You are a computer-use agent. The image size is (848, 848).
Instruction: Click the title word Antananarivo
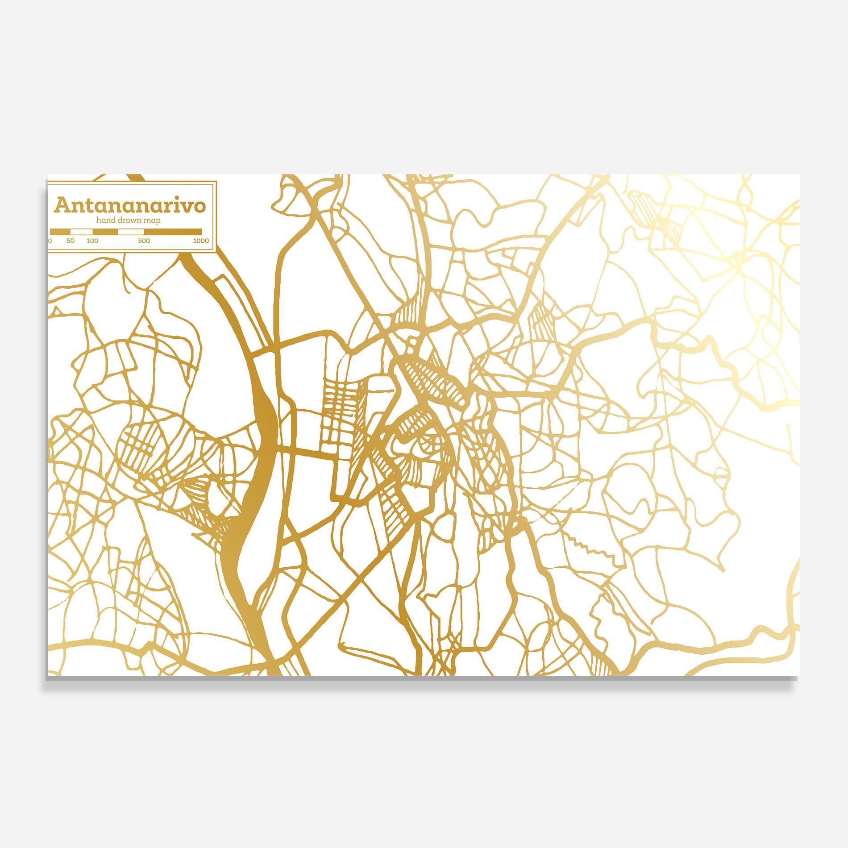click(x=130, y=206)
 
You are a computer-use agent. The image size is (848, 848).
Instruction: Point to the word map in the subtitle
click(x=152, y=220)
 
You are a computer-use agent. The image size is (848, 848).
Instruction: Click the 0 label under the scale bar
click(x=50, y=241)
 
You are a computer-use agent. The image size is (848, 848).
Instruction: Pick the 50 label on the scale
click(x=71, y=241)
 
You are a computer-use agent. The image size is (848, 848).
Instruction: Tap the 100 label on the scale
click(x=92, y=241)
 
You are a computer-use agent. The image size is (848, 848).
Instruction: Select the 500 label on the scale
click(x=144, y=241)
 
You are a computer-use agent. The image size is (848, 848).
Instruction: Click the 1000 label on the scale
click(x=201, y=241)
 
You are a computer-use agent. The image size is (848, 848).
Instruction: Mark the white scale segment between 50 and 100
click(x=82, y=232)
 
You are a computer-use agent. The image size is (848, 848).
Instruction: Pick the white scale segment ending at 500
click(x=131, y=232)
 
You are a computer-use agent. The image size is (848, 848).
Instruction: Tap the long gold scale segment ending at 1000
click(x=173, y=232)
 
